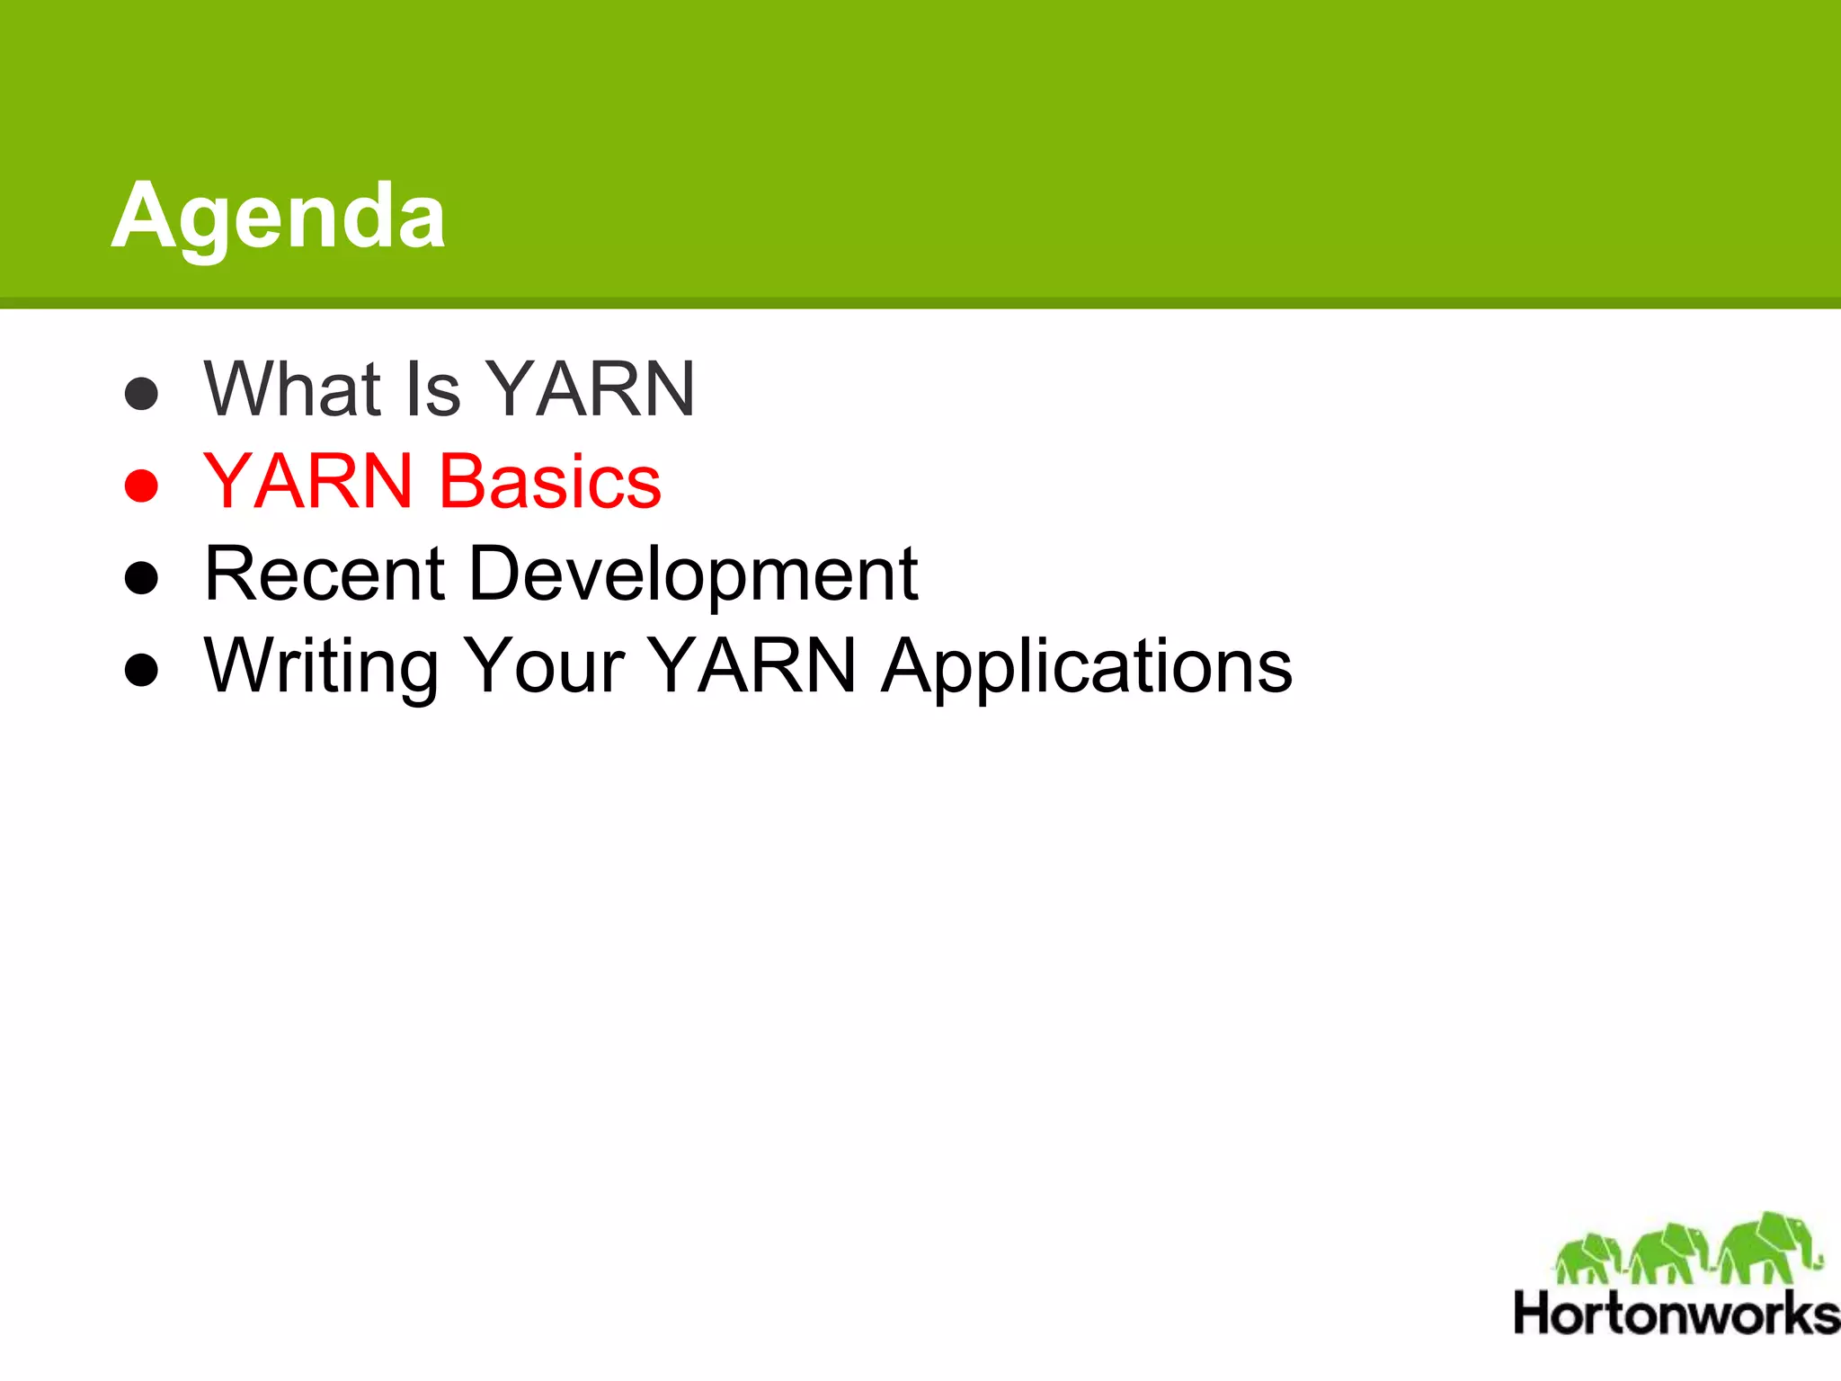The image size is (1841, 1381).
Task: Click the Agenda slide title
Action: click(x=278, y=216)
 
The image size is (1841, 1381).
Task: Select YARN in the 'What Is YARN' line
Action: click(x=591, y=389)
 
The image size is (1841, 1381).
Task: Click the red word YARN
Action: click(x=308, y=482)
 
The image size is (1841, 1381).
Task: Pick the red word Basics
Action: click(x=549, y=482)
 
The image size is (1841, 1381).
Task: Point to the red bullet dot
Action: click(x=141, y=486)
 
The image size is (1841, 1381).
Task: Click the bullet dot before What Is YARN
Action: click(x=141, y=393)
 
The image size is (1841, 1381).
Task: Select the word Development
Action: click(x=693, y=575)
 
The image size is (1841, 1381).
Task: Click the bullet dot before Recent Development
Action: click(x=141, y=578)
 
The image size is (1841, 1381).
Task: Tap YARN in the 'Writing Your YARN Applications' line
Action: click(x=752, y=666)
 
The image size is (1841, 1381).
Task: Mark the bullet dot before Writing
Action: click(x=141, y=670)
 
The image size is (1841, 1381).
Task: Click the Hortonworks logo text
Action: click(x=1676, y=1314)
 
